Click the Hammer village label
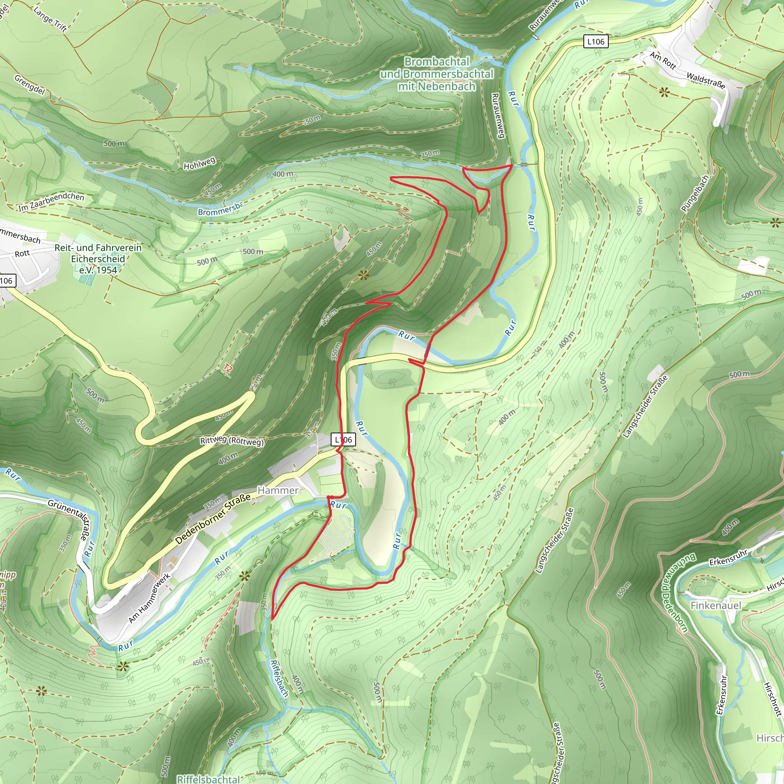point(278,490)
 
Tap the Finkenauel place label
point(716,606)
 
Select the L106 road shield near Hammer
point(343,439)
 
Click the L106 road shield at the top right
point(595,41)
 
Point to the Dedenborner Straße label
point(212,519)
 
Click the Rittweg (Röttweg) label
point(232,441)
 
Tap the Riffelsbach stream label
point(279,678)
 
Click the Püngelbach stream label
point(695,193)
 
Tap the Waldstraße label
point(706,80)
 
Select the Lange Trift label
point(50,19)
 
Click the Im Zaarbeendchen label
point(51,202)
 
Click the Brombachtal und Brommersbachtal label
point(437,74)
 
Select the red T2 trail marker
point(228,368)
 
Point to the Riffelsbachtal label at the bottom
point(209,779)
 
